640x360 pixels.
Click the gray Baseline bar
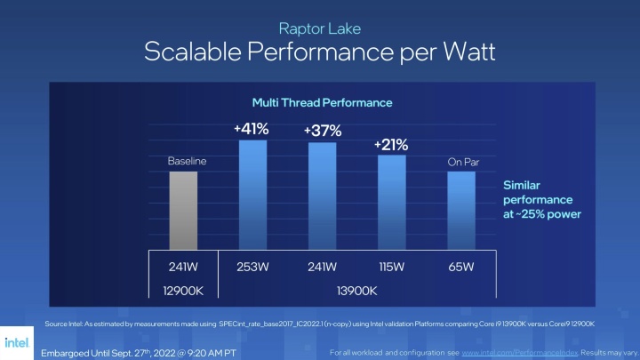[183, 211]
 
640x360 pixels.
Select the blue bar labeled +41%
[252, 195]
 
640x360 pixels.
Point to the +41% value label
[252, 129]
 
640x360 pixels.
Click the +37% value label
[321, 131]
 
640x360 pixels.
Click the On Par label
[460, 162]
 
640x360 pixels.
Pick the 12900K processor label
[183, 291]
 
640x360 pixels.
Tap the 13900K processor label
[356, 291]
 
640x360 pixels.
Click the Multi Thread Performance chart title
[320, 102]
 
